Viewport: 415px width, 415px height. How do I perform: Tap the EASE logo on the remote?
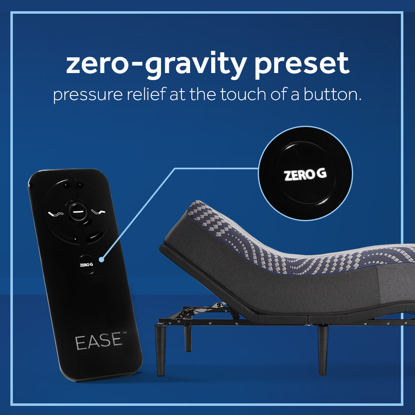98,341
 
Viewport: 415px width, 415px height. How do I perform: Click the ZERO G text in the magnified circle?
305,174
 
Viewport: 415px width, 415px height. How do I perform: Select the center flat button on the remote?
77,210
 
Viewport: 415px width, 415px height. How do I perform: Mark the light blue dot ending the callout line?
102,260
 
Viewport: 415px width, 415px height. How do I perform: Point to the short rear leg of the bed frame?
188,338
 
